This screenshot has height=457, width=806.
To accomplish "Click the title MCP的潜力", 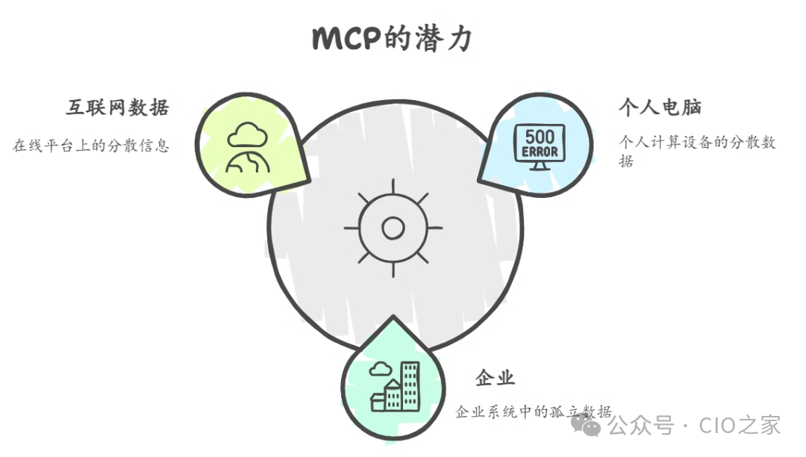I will click(x=392, y=37).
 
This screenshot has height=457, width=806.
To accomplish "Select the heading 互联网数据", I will click(x=117, y=108).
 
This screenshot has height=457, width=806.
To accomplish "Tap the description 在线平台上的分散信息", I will click(x=91, y=145).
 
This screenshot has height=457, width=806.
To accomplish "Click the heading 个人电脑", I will click(x=660, y=108).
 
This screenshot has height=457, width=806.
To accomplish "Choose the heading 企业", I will click(x=495, y=378).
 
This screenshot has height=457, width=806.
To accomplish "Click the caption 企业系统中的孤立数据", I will click(x=534, y=411).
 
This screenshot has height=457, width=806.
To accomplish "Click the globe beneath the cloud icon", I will click(x=249, y=164).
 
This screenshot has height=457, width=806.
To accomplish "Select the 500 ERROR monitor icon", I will click(x=540, y=146).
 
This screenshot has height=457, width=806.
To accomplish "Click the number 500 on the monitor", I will click(x=540, y=137).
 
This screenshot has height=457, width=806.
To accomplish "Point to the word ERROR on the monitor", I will click(x=540, y=152).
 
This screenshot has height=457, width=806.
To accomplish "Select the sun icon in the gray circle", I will click(x=393, y=227).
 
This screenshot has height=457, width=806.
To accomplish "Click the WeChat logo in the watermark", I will click(x=586, y=426).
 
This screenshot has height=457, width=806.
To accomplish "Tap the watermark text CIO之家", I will click(x=740, y=426).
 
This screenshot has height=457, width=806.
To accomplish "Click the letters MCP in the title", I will click(x=347, y=38).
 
